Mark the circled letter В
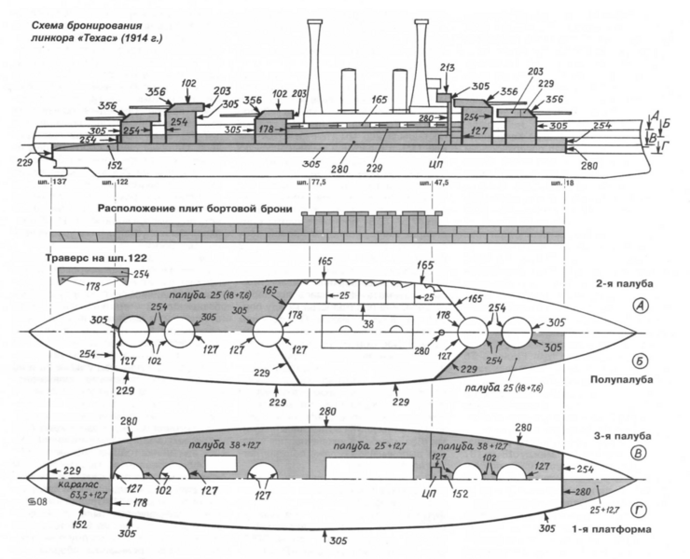tap(642, 455)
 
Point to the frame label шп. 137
tap(58, 183)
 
